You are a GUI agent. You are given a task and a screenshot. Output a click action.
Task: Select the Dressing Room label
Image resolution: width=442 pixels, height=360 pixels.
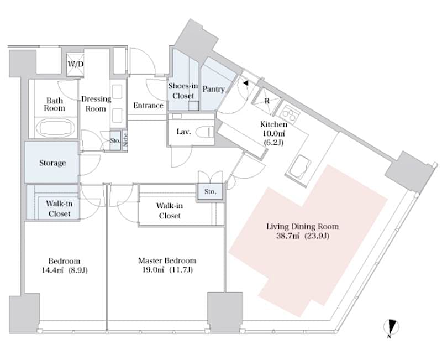tap(96, 104)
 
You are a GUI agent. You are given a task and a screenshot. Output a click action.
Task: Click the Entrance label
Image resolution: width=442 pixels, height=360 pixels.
tap(149, 105)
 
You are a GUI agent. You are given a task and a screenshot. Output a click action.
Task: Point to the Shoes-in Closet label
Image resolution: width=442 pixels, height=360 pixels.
tap(181, 91)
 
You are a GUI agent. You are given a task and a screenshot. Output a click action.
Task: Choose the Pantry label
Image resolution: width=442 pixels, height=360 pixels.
tap(213, 89)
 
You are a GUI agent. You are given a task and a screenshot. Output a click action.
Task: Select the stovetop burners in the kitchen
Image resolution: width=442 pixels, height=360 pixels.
tap(290, 114)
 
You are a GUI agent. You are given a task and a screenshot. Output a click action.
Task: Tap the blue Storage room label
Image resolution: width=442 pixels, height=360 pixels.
tap(52, 163)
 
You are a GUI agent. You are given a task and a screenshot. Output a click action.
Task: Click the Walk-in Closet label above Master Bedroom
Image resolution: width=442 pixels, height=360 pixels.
tap(170, 210)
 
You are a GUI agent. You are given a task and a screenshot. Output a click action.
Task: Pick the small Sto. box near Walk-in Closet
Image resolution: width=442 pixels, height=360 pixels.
tap(211, 192)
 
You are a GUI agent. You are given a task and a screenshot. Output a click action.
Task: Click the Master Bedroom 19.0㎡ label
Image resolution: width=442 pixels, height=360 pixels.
tap(166, 265)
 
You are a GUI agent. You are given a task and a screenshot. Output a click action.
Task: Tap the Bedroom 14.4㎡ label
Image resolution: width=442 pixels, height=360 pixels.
tap(64, 265)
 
